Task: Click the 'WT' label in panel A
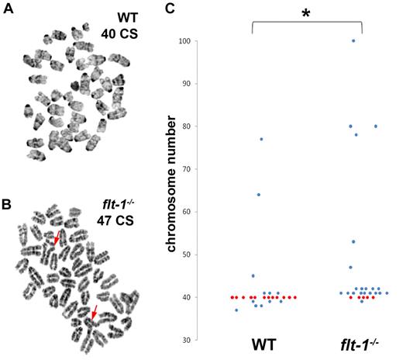pos(128,17)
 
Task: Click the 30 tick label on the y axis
pos(188,340)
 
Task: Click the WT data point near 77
pos(261,139)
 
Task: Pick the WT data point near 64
pos(258,195)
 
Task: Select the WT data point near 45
pos(253,275)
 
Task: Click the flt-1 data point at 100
pos(353,40)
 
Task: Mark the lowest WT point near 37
pos(236,310)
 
